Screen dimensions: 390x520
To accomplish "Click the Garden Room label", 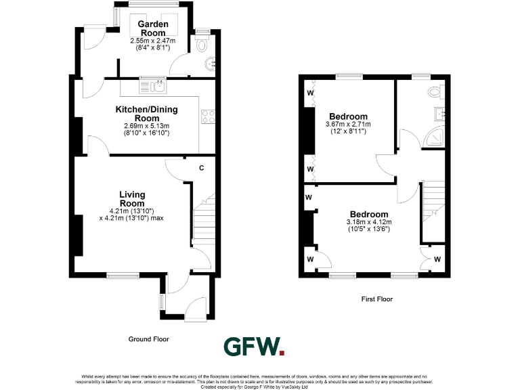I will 152,28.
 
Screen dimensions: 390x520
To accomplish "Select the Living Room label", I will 133,198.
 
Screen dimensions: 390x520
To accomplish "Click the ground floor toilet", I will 204,45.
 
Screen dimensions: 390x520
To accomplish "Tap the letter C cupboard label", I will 202,168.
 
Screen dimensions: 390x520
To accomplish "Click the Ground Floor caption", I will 148,339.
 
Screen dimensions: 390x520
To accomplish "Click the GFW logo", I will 254,347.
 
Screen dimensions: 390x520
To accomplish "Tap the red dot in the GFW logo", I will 282,352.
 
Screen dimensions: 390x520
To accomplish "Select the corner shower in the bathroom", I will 437,139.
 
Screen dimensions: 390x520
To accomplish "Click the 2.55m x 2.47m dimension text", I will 152,41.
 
